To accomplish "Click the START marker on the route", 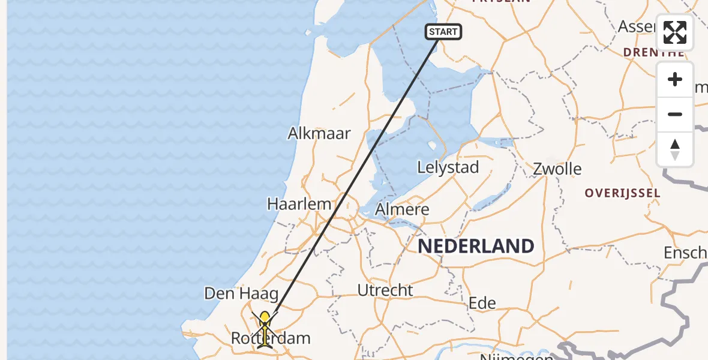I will [x=443, y=32].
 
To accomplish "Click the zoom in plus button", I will [x=675, y=80].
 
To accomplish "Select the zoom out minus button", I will [x=675, y=114].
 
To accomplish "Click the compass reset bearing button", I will [x=675, y=149].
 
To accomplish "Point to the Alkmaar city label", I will [x=319, y=133].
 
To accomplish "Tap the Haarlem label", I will [x=299, y=204].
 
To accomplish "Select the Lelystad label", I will [x=448, y=167].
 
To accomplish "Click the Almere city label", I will [x=402, y=209].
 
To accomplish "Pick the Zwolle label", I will [x=557, y=169].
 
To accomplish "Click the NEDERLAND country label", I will [x=476, y=246].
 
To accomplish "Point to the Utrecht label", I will [x=385, y=290].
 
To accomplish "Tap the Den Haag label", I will [x=241, y=293].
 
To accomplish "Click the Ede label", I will [x=482, y=302].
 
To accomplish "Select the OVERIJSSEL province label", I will [x=623, y=193].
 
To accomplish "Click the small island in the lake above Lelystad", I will [x=431, y=145].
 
